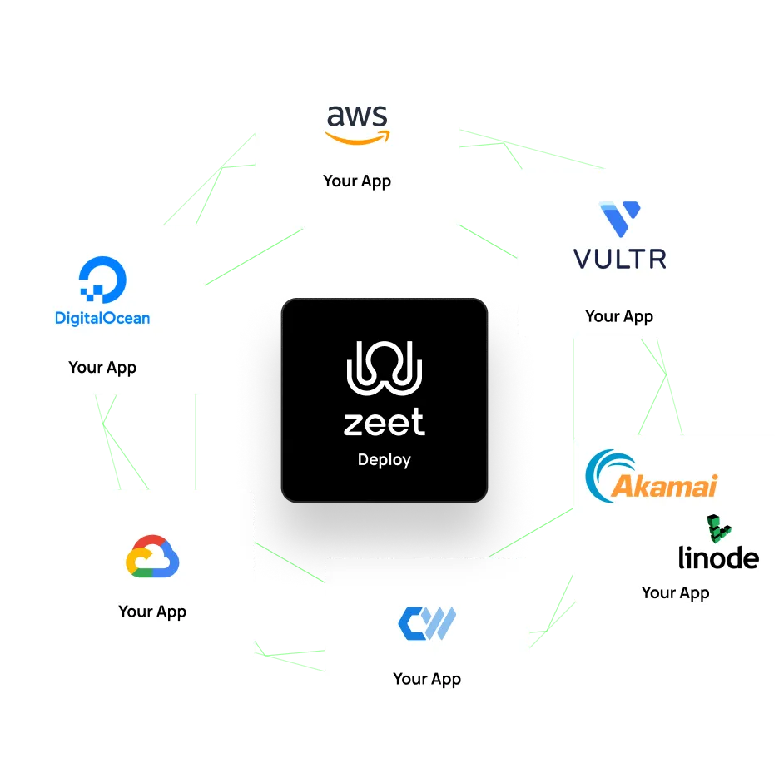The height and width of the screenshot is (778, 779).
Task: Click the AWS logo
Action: point(357,124)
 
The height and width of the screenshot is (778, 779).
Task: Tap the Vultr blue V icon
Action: point(620,217)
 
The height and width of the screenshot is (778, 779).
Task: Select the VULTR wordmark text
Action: point(620,259)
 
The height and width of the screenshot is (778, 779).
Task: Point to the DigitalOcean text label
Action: point(102,317)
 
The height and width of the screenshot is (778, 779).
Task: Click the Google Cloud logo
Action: point(152,557)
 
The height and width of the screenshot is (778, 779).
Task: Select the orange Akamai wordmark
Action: point(663,485)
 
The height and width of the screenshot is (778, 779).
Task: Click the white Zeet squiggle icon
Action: point(385,367)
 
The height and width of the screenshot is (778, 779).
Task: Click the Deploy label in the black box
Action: point(385,459)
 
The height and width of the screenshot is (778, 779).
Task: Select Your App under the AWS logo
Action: point(357,181)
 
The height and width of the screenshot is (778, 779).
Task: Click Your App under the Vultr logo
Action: point(619,316)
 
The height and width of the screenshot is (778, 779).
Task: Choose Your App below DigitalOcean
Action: point(102,367)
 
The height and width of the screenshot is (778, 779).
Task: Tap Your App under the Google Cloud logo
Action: point(152,612)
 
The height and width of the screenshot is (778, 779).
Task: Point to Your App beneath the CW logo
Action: point(427,679)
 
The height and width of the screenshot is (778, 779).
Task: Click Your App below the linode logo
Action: point(675,592)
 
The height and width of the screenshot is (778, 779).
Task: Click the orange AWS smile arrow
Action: point(358,137)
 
